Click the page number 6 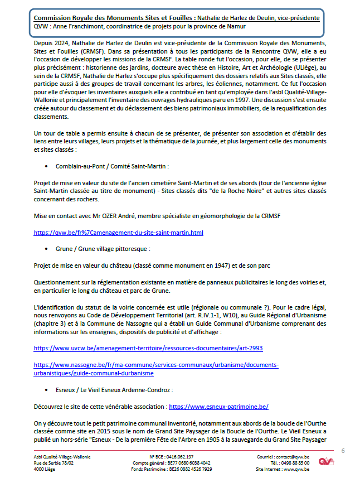point(343,450)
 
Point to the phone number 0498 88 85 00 point(298,463)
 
